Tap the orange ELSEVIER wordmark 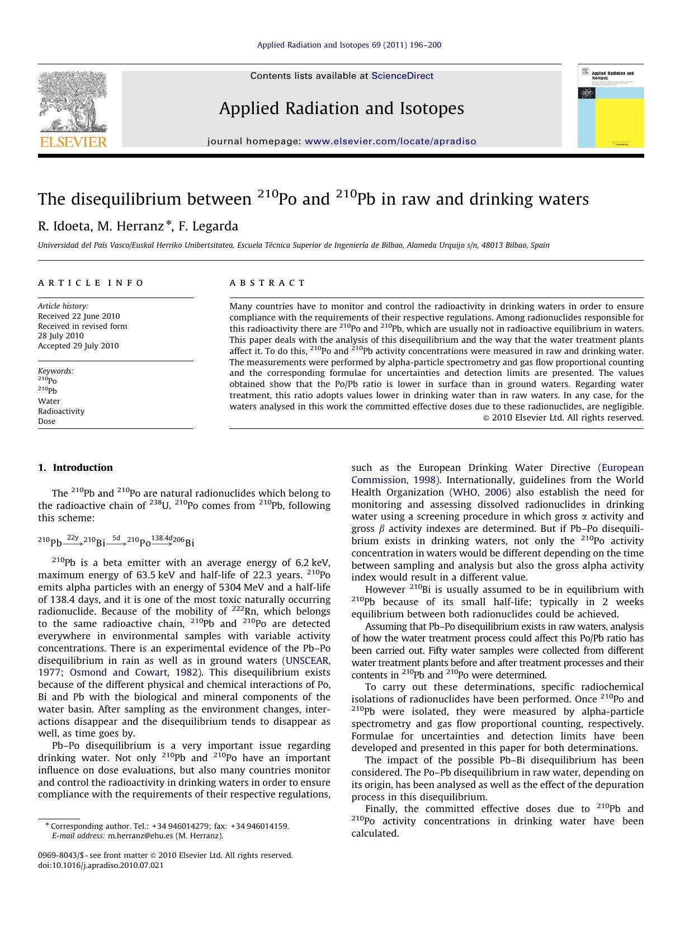coord(73,142)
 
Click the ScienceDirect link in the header coord(402,76)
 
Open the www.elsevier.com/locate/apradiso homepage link coord(390,141)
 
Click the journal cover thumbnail coord(610,106)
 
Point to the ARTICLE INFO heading coord(91,283)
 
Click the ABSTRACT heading coord(267,283)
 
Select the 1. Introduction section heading coord(75,468)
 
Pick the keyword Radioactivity coord(61,411)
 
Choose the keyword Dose coord(46,421)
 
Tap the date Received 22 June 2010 coord(79,316)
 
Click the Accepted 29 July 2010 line coord(78,346)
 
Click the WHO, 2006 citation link coord(480,492)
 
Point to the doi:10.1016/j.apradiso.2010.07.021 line coord(101,865)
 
